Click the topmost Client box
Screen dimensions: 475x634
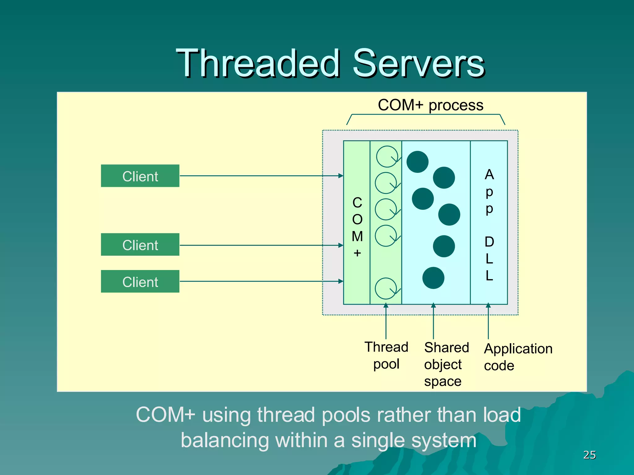click(x=140, y=176)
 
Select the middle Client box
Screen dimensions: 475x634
click(x=140, y=245)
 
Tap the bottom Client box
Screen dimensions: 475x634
click(x=140, y=281)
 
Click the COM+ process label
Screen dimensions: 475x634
click(x=430, y=105)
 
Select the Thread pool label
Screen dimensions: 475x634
click(x=386, y=355)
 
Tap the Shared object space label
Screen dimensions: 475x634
click(x=446, y=364)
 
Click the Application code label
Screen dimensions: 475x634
click(x=518, y=357)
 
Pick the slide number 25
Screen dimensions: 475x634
click(x=589, y=455)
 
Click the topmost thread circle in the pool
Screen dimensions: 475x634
click(x=387, y=156)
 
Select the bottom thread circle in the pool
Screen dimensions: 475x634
click(x=386, y=288)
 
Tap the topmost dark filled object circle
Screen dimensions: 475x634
click(x=417, y=162)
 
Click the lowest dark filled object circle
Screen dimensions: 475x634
click(x=433, y=278)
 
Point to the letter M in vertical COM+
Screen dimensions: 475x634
click(x=357, y=237)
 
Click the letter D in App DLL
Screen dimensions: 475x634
click(x=489, y=242)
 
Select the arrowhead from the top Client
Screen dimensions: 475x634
click(x=341, y=176)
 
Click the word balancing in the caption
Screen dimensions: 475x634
click(x=223, y=440)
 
